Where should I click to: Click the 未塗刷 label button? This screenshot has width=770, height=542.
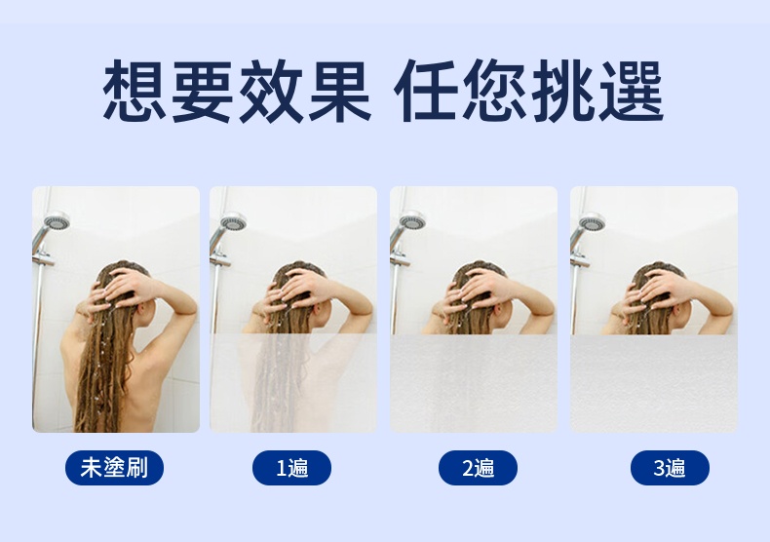coord(114,467)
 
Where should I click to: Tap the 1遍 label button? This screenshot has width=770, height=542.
coord(291,467)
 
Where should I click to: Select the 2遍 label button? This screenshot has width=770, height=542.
coord(478,467)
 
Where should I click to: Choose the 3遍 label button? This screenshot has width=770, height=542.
coord(670,467)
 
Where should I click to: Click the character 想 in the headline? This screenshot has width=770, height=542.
coord(135,91)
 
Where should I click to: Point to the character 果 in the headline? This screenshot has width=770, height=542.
coord(340,91)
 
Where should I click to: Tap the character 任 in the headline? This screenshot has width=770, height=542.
coord(425,91)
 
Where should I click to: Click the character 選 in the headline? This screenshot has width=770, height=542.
coord(632,91)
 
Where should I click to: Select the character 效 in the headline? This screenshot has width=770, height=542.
coord(271,91)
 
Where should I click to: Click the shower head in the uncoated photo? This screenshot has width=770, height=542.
coord(57,220)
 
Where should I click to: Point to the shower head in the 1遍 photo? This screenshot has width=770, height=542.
coord(233,221)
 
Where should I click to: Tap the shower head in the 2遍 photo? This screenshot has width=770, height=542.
coord(413,220)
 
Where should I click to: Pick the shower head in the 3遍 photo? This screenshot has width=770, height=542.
coord(593,221)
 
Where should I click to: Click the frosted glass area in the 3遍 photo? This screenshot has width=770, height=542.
coord(654,383)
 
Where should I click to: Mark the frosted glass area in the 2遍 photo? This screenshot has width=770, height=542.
coord(474,383)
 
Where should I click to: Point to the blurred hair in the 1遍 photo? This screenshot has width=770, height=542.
coord(275,383)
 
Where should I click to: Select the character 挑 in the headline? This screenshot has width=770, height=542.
coord(562,91)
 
